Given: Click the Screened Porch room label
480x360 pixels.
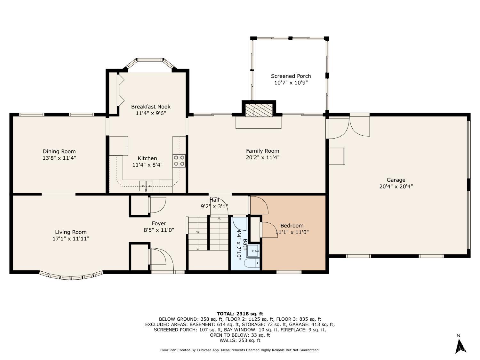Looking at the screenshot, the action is [291, 76].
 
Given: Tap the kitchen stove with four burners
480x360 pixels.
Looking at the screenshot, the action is [179, 161].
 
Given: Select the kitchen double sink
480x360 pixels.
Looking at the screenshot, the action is [146, 186].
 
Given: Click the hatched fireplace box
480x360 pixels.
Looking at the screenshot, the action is [259, 110].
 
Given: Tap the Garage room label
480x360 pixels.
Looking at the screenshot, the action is [396, 180].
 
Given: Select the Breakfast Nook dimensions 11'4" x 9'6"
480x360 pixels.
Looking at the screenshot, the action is [151, 113].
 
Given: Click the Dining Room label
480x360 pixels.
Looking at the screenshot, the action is [59, 151].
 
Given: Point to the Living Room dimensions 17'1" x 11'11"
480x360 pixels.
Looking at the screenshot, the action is [71, 239].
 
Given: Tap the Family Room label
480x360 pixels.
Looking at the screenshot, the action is [263, 151].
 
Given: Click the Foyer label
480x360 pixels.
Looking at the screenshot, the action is [159, 223].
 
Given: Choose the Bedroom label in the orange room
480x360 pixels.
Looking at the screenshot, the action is [292, 226].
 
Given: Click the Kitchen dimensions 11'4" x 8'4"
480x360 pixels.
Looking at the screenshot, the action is [148, 165].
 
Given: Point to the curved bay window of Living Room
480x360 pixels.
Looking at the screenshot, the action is [71, 276].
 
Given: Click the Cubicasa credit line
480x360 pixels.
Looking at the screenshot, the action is [240, 350].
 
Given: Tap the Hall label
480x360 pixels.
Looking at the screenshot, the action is [214, 200].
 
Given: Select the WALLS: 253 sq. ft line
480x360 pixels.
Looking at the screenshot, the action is [240, 340].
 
